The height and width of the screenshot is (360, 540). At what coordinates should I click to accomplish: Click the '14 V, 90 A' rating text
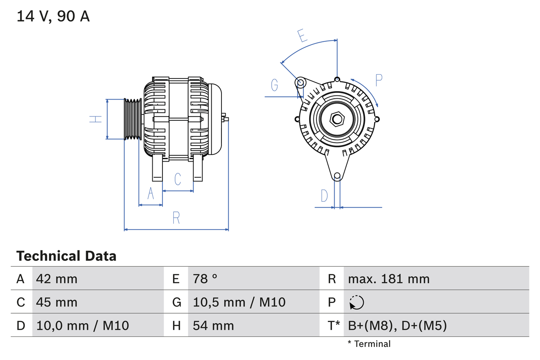click(53, 16)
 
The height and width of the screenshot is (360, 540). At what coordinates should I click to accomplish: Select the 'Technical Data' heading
click(66, 256)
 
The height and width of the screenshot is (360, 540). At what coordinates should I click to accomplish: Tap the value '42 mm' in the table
click(57, 279)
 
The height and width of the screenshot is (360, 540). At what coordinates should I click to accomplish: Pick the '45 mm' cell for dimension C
click(57, 302)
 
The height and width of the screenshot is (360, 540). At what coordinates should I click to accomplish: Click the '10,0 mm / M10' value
click(83, 325)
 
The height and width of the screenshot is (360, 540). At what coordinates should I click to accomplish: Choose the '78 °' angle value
click(205, 279)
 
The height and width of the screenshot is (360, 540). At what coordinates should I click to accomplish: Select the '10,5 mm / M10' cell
click(239, 302)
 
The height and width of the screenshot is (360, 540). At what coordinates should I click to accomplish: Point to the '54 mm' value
click(213, 325)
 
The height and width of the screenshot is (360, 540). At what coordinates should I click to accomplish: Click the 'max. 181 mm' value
click(389, 279)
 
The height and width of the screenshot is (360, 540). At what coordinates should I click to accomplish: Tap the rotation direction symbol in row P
click(356, 302)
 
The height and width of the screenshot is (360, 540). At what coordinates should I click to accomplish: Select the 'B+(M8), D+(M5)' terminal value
click(397, 325)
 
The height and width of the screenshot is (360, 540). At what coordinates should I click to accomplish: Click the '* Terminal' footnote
click(369, 344)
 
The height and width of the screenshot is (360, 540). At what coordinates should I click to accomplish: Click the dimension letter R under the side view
click(176, 218)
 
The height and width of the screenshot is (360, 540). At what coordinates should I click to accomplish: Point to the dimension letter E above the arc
click(301, 36)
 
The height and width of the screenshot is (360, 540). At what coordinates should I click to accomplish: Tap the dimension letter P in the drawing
click(378, 80)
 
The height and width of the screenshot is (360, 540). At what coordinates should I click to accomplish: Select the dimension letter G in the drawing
click(275, 85)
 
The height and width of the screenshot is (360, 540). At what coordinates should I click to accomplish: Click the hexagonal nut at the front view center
click(337, 119)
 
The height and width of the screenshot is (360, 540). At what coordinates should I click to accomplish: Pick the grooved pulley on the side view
click(133, 119)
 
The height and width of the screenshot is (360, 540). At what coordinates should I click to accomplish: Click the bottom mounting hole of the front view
click(337, 176)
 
